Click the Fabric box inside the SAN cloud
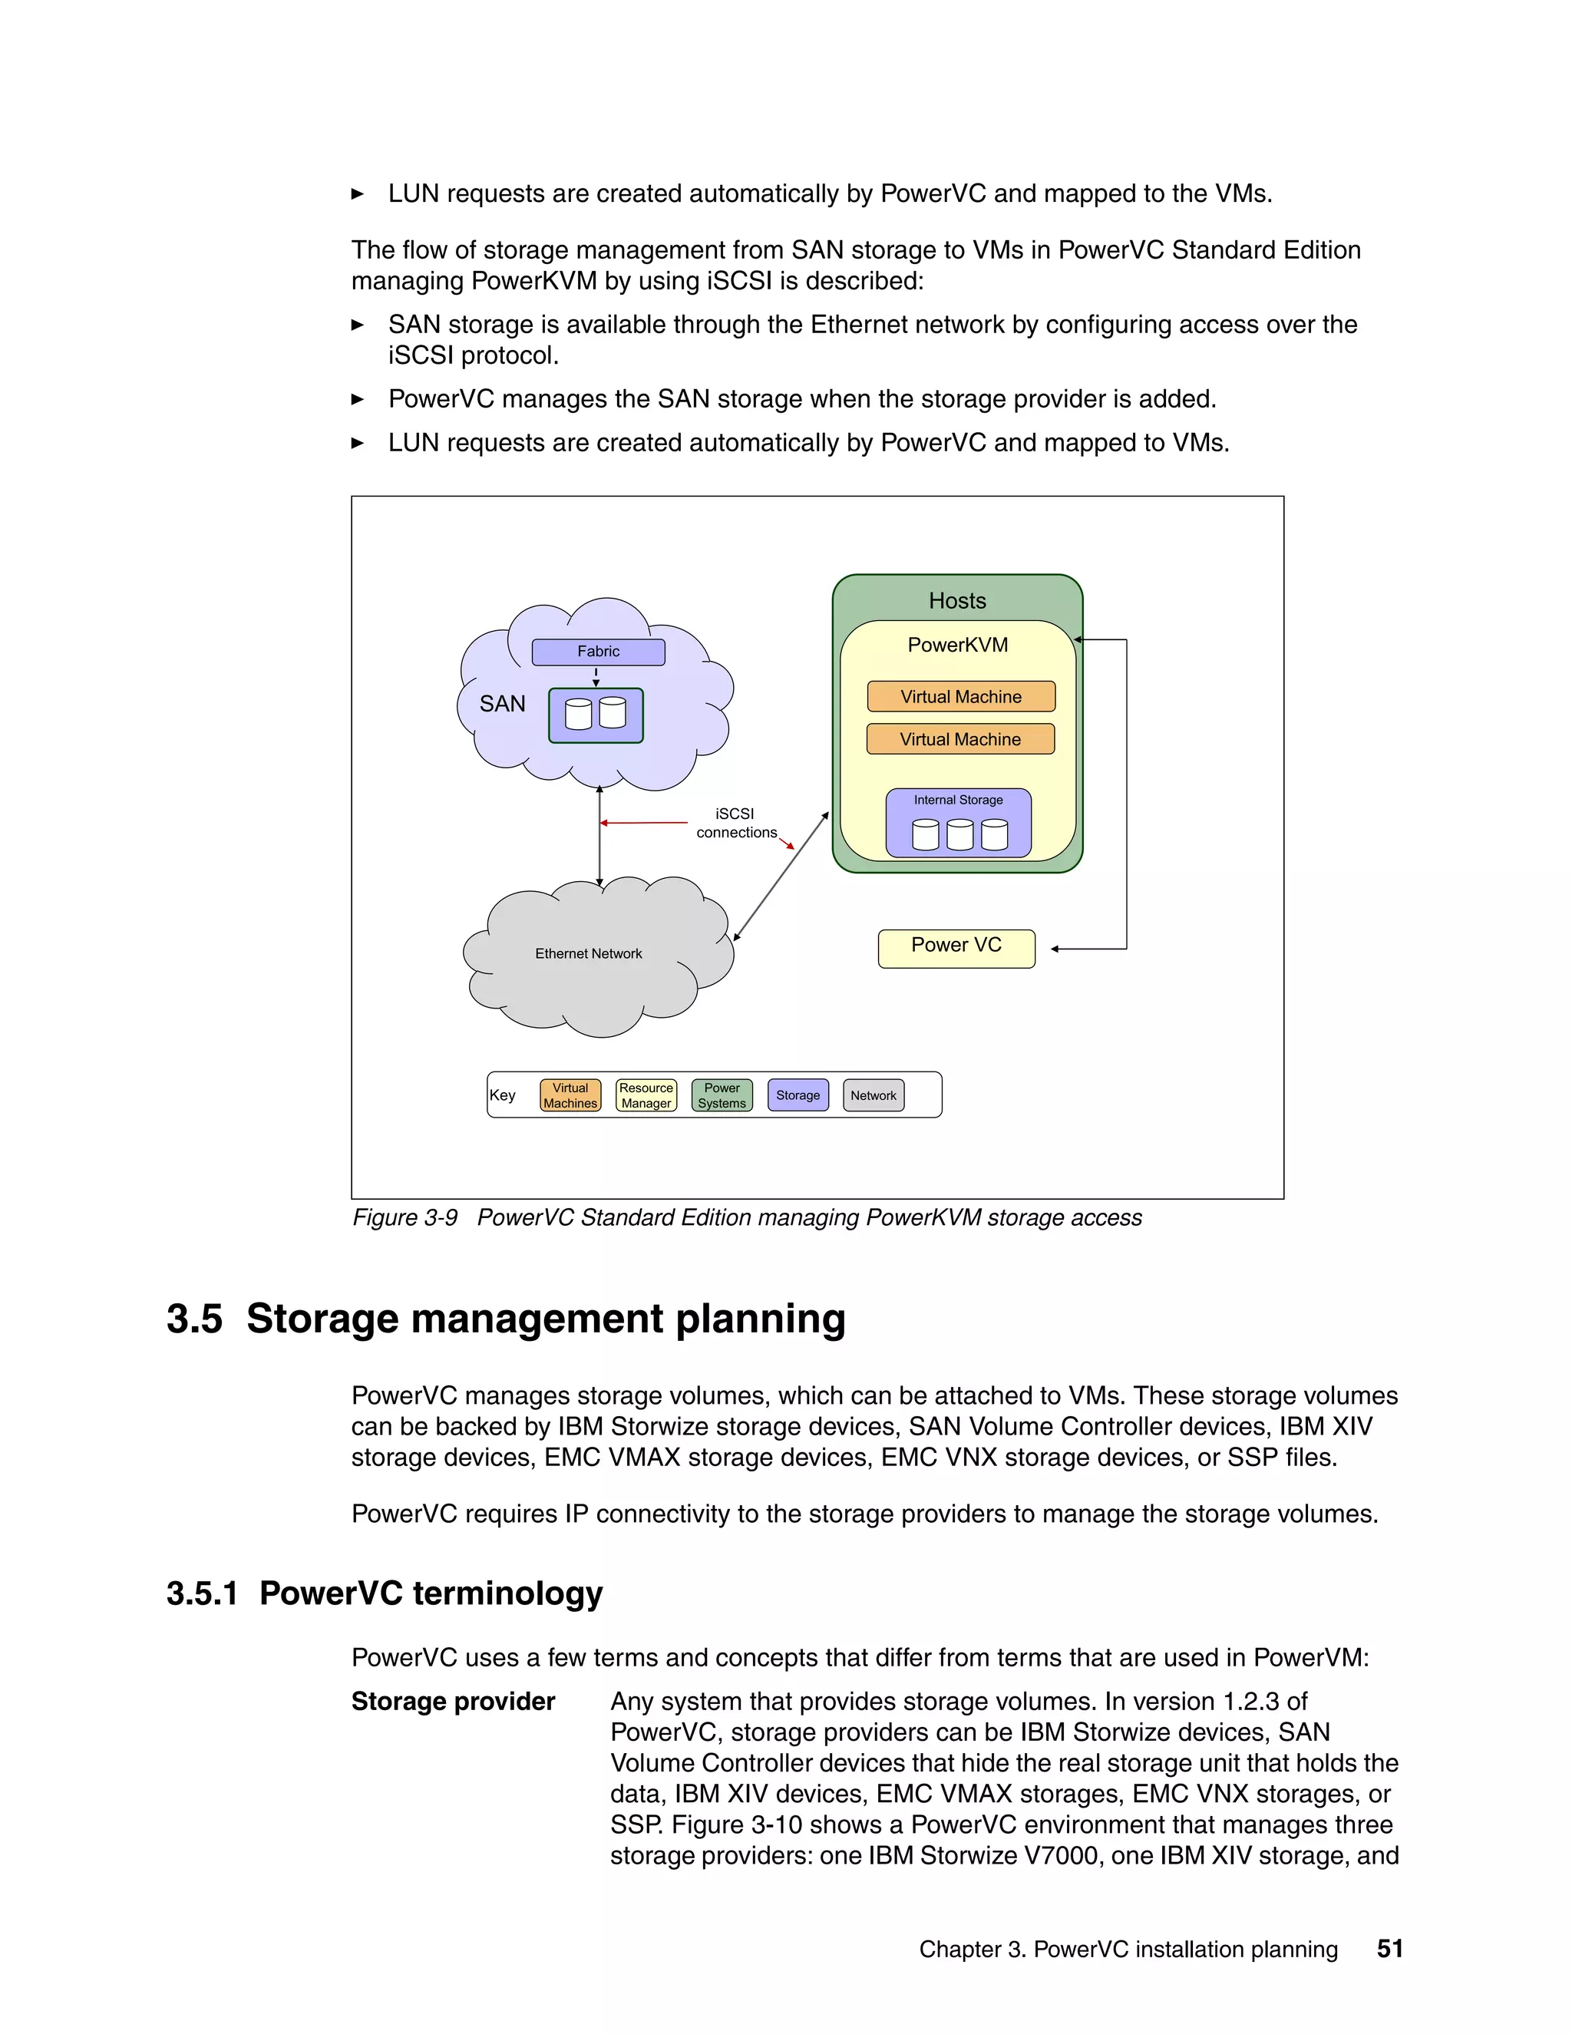598,652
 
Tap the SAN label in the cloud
502,704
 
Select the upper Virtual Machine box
960,697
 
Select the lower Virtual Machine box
960,739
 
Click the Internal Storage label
958,800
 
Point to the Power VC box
956,948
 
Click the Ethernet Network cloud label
589,953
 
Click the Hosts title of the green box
957,601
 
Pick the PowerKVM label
957,645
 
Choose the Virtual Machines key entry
570,1095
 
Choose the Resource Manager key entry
646,1095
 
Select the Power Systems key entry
722,1095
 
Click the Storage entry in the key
798,1095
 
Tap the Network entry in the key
874,1095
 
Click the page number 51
1389,1948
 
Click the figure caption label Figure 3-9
405,1218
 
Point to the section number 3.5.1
202,1593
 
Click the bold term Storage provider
453,1702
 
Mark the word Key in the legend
503,1095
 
